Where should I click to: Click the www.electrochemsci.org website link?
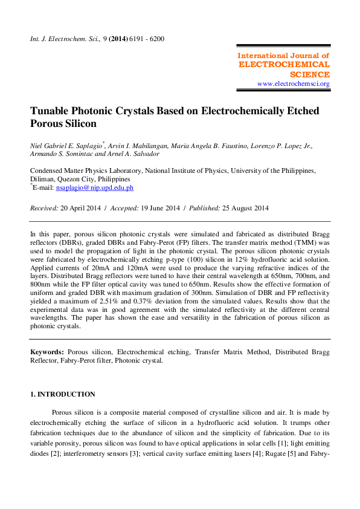click(294, 84)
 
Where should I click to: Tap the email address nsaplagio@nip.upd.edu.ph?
click(94, 188)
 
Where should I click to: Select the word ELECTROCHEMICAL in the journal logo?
click(284, 64)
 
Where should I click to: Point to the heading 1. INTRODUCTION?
click(63, 394)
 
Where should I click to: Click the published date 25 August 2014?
click(244, 208)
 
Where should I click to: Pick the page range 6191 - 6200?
click(144, 39)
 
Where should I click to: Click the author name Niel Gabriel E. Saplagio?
click(66, 146)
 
